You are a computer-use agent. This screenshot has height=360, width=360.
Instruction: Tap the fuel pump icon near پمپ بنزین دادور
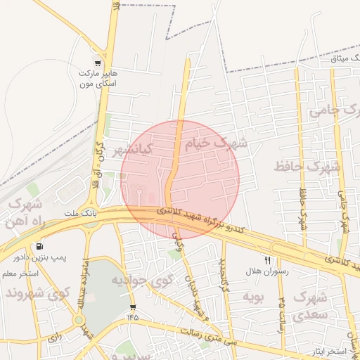tap(39, 247)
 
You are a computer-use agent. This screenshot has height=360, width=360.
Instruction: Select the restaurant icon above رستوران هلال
tap(267, 260)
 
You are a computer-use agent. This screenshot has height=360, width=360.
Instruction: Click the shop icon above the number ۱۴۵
tap(133, 308)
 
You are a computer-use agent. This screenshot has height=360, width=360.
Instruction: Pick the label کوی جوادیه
tap(142, 281)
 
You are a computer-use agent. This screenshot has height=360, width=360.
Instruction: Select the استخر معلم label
tap(20, 273)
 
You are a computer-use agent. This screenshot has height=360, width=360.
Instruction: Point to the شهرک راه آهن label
tap(25, 213)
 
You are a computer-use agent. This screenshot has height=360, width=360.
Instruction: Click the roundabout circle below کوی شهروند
tap(79, 320)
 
